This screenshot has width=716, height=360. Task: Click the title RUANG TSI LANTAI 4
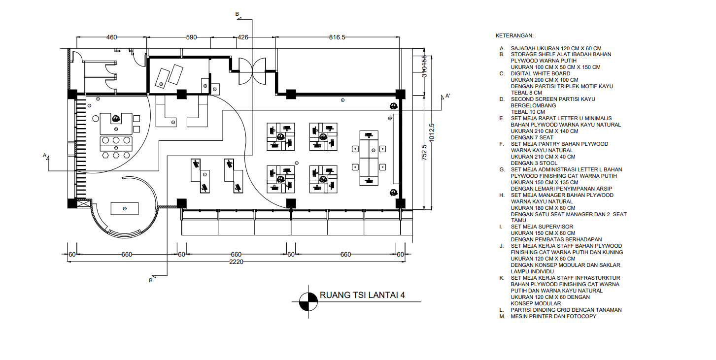coord(362,295)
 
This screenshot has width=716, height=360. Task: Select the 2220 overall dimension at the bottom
coord(236,262)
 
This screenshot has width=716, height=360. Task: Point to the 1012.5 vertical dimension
coord(432,132)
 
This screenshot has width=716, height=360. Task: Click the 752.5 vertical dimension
coord(424,152)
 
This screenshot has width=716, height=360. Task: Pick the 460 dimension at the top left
coord(112,37)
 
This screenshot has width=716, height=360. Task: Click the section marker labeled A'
coord(447,96)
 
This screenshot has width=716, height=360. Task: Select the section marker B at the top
coord(237,14)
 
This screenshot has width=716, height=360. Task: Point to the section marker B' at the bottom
coord(151,281)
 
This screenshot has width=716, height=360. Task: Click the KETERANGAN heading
coord(514,36)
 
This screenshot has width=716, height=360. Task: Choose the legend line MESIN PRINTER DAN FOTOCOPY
coord(553,316)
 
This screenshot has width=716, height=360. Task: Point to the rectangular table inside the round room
coord(125,208)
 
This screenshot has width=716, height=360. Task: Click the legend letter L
coord(502,310)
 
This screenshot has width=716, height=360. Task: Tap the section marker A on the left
coord(45,156)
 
